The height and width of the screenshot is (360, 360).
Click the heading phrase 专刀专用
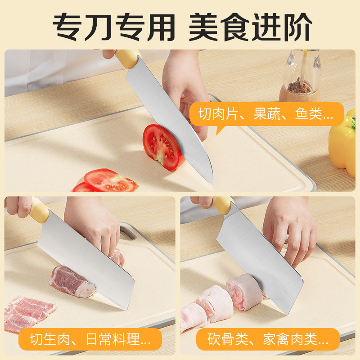[114, 27]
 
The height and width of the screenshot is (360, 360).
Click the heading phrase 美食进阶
[250, 27]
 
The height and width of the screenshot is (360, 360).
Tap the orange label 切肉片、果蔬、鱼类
[266, 114]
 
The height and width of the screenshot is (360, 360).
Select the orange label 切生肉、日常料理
[90, 339]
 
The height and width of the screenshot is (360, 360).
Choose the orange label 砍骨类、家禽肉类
[268, 339]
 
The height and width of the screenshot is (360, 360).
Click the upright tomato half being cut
[162, 147]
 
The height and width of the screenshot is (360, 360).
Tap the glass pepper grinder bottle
[300, 76]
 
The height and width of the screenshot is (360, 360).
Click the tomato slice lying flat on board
[110, 180]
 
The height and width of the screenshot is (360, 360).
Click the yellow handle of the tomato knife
[128, 58]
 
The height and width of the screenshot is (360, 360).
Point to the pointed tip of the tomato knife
[211, 183]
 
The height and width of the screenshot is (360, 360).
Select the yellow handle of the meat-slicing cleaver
[39, 211]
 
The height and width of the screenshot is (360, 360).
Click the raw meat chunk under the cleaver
[72, 282]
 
